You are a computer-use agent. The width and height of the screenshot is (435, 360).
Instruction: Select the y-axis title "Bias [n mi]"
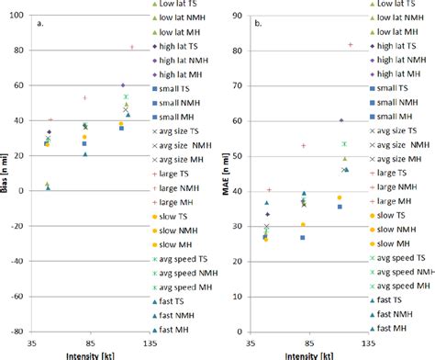[6, 173]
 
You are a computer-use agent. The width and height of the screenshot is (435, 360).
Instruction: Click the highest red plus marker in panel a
[131, 46]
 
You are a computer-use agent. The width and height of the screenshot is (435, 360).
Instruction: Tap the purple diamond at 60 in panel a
[122, 85]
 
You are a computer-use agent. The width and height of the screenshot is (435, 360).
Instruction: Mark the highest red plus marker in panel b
[350, 44]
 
